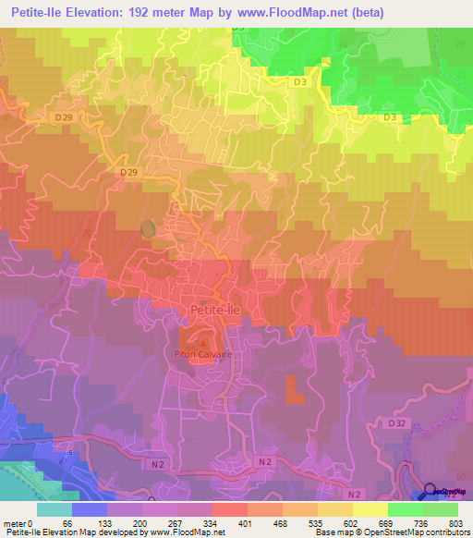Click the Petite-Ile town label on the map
(x=214, y=312)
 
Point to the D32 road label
(x=397, y=422)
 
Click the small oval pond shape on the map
(x=147, y=227)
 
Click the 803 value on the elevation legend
(x=454, y=522)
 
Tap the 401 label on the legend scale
(x=245, y=522)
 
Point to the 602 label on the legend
(x=350, y=522)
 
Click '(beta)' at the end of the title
(x=383, y=13)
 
